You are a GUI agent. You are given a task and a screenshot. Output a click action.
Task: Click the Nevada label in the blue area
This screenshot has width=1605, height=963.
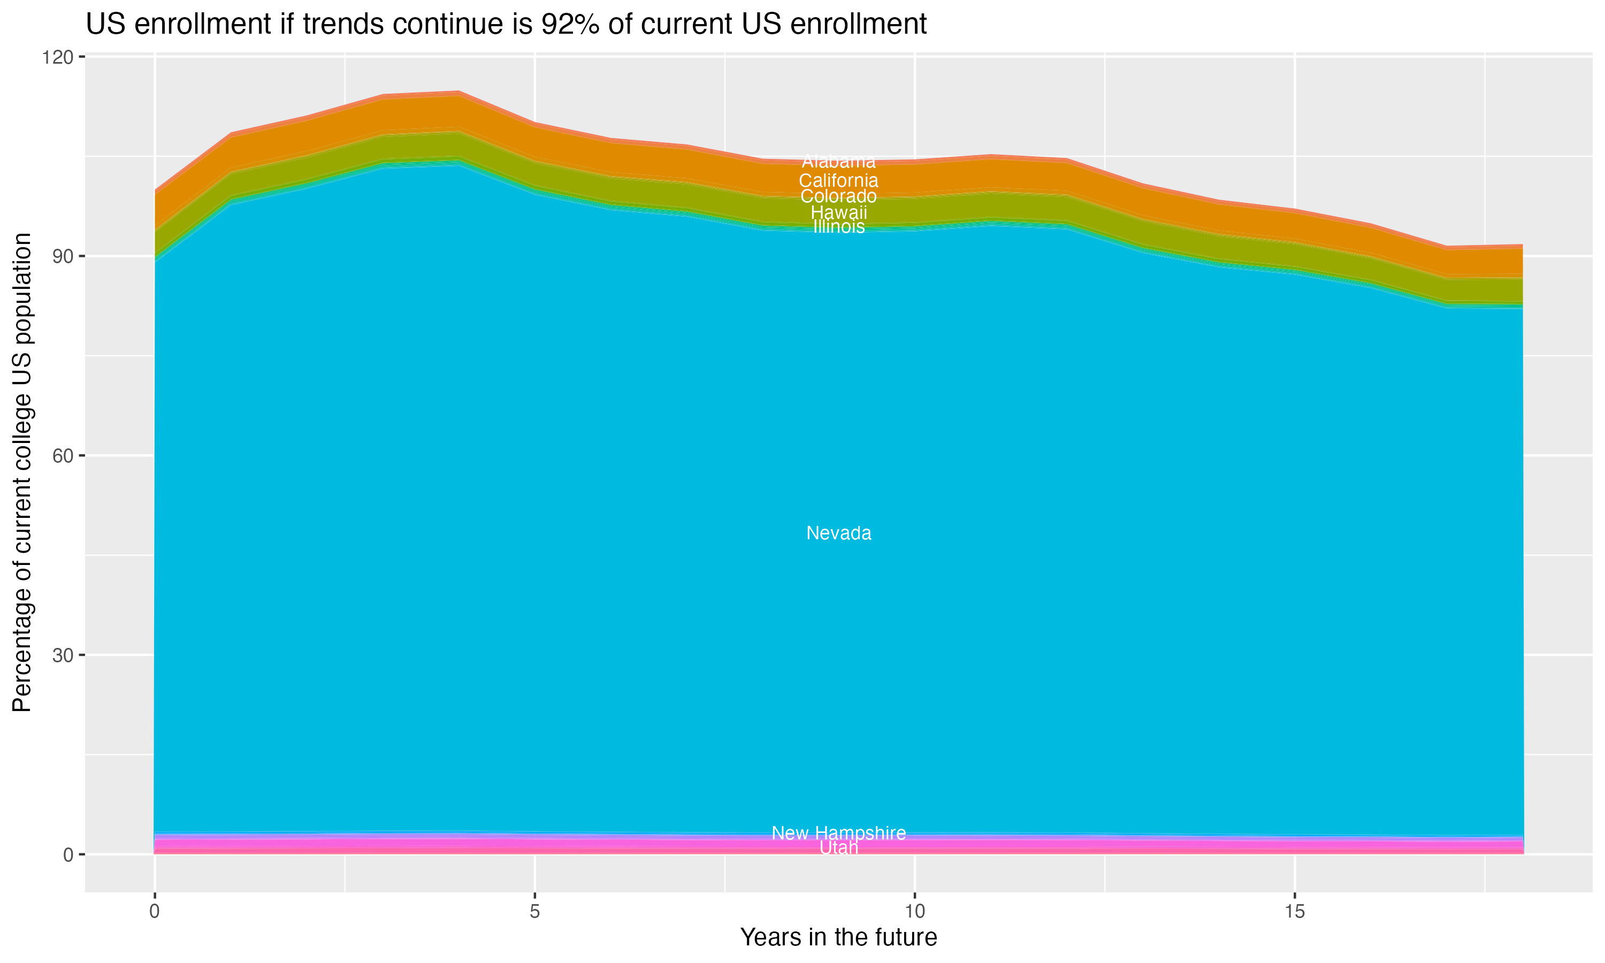point(838,533)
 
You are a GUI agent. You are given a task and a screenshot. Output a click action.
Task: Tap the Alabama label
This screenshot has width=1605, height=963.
point(838,162)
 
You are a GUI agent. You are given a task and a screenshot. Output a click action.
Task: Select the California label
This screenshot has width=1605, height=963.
point(838,180)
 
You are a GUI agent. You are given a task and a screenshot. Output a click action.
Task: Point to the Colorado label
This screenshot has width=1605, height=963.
point(838,196)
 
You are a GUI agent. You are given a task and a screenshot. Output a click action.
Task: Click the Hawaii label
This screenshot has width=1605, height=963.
point(838,212)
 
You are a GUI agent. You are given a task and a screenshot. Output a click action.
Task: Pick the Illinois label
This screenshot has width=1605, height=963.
point(838,226)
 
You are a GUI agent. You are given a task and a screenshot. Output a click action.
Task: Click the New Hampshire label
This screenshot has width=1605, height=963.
point(838,833)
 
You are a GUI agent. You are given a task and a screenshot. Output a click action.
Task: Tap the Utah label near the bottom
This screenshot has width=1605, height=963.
point(838,848)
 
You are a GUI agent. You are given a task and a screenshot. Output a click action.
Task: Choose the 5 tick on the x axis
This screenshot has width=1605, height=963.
point(534,912)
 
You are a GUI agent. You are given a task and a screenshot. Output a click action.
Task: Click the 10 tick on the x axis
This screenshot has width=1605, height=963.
point(914,912)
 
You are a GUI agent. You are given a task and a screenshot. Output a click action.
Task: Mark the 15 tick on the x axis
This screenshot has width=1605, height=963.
point(1294,912)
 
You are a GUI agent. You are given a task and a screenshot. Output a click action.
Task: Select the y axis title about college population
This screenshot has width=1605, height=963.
point(22,472)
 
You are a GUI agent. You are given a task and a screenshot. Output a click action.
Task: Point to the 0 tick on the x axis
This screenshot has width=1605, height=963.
point(155,912)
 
